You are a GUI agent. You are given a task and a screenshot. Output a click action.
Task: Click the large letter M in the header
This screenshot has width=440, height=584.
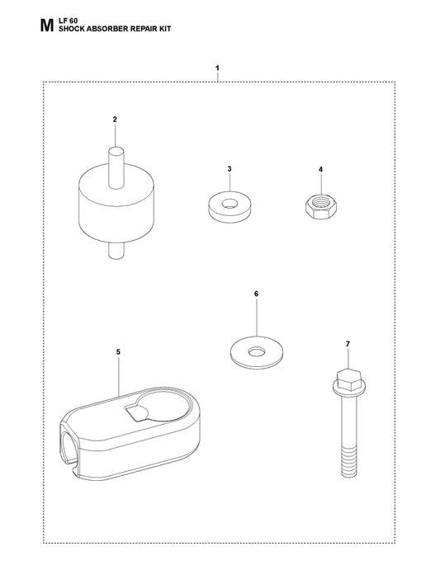[46, 26]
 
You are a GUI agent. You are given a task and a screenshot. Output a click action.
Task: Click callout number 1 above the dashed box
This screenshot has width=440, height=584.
[217, 68]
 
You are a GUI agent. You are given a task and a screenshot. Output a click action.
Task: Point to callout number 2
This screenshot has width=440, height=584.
[115, 120]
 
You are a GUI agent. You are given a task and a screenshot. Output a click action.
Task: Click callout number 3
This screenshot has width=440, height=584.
[229, 169]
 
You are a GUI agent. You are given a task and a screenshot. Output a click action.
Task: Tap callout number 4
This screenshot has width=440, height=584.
[320, 169]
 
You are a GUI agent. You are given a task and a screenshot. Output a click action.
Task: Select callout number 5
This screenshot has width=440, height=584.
[118, 352]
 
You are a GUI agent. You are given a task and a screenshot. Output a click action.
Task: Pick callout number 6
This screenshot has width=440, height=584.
[256, 294]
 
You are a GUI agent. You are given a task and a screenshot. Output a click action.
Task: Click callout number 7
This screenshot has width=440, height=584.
[348, 344]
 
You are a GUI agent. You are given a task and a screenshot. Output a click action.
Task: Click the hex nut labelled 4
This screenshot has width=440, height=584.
[320, 208]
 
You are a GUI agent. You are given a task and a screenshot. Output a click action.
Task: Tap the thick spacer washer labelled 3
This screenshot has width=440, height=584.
[229, 206]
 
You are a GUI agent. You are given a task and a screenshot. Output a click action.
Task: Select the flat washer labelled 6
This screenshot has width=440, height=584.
[256, 352]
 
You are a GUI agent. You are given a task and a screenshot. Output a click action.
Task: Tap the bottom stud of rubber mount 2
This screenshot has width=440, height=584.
[116, 250]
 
